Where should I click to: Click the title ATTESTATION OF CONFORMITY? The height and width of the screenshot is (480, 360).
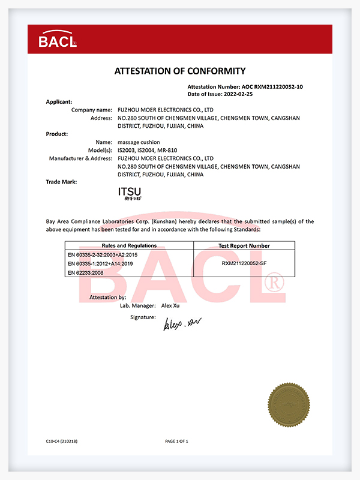[x=180, y=71]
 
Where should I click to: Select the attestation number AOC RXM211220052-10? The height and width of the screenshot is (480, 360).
[x=272, y=87]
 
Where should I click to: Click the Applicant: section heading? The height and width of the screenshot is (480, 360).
[x=59, y=102]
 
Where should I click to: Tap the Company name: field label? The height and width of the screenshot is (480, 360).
[x=92, y=110]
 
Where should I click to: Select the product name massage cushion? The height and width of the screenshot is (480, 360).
[x=139, y=142]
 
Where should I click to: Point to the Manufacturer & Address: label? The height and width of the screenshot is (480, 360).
[x=80, y=158]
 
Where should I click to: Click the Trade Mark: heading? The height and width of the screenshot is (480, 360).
[x=61, y=181]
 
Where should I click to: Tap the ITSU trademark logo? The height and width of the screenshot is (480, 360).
[x=130, y=193]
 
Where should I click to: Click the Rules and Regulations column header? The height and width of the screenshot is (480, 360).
[x=129, y=245]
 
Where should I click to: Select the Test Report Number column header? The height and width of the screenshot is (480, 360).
[x=244, y=245]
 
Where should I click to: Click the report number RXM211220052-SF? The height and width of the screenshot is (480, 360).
[x=244, y=263]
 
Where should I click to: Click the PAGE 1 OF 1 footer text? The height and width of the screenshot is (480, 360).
[x=176, y=441]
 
